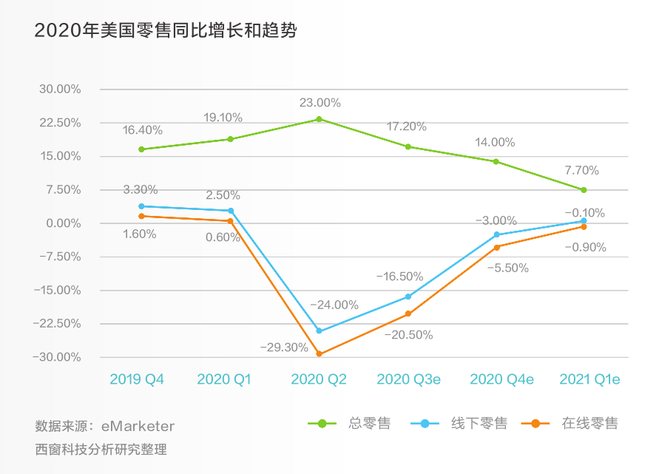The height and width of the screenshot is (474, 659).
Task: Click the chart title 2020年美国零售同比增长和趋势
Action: (x=166, y=31)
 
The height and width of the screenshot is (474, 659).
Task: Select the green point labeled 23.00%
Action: (x=319, y=119)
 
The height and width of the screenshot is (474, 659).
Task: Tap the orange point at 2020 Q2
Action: (x=319, y=354)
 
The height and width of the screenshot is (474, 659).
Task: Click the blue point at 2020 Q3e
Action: (x=408, y=297)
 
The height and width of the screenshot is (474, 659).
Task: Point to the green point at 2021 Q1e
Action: (x=584, y=190)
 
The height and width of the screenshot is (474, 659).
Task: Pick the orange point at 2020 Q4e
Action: (x=496, y=247)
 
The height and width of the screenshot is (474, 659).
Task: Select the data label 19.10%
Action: (x=223, y=118)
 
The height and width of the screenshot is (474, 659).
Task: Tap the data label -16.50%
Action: (x=399, y=277)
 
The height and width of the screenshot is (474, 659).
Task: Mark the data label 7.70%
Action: (x=581, y=170)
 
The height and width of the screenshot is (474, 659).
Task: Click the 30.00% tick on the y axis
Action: (x=60, y=89)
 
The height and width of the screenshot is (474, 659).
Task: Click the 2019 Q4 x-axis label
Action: (x=137, y=379)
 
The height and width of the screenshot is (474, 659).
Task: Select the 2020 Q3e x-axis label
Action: (x=408, y=379)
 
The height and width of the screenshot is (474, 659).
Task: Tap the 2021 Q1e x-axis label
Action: (x=589, y=379)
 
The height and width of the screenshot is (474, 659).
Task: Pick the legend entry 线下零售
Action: (x=479, y=424)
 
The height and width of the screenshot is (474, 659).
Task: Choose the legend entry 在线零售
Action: (x=589, y=424)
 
